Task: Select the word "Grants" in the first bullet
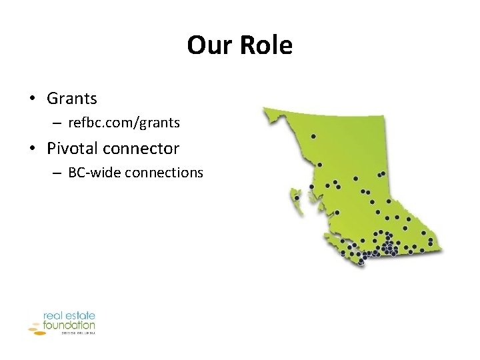click(72, 99)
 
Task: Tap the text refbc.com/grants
click(124, 123)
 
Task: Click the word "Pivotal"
click(72, 147)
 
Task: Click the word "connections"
click(163, 172)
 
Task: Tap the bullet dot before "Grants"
click(32, 99)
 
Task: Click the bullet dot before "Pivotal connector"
click(32, 148)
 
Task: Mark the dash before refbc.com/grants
click(58, 123)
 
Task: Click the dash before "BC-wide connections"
click(58, 173)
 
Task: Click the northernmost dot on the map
click(313, 136)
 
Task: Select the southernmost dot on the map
click(361, 262)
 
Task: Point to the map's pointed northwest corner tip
click(264, 107)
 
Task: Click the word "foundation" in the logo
click(69, 325)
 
